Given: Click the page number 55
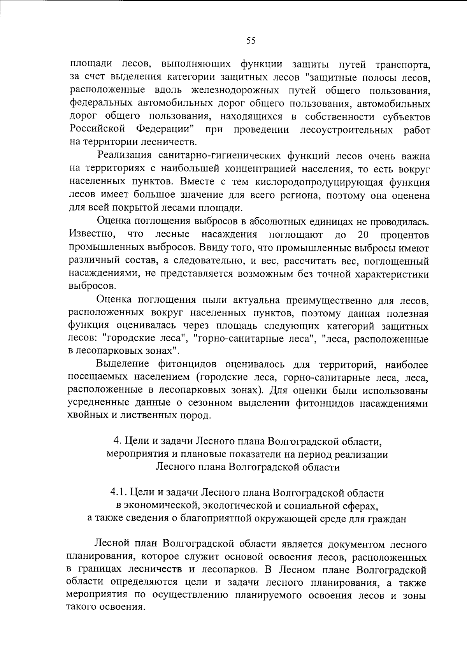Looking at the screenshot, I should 251,40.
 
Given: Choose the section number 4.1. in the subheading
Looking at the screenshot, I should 119,493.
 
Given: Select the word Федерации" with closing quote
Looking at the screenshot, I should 166,129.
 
